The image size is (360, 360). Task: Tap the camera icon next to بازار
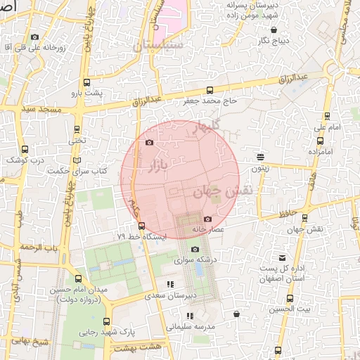(148, 143)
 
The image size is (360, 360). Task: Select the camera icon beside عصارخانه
(206, 219)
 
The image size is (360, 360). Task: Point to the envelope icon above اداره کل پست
(282, 258)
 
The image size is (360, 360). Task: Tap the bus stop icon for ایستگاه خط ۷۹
(142, 226)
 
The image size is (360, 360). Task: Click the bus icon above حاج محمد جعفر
(210, 90)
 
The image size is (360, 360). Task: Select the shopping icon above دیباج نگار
(274, 30)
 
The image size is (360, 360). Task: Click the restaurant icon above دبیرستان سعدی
(170, 284)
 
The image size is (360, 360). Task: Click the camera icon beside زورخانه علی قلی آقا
(34, 37)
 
